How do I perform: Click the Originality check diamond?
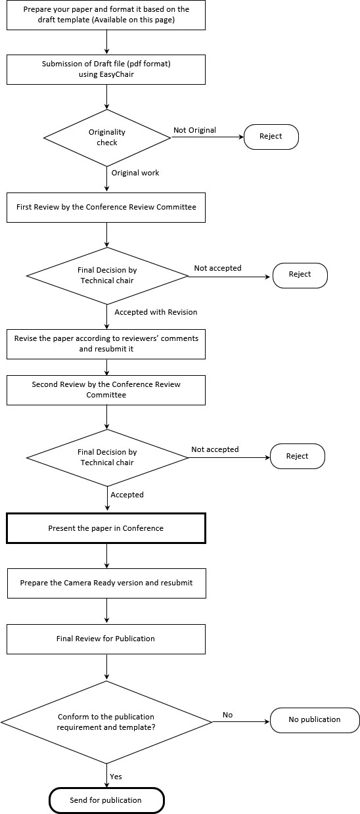click(107, 138)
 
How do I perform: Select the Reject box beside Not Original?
click(271, 137)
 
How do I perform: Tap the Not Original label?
click(194, 130)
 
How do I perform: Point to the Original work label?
click(135, 173)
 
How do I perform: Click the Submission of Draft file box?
click(106, 70)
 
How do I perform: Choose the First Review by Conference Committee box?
click(106, 208)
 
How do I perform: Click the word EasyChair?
click(117, 74)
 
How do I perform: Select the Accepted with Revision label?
click(156, 312)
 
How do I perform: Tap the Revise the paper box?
click(106, 344)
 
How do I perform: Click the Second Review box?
click(106, 390)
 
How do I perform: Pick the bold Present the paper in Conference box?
click(106, 528)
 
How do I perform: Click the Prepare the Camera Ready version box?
click(106, 583)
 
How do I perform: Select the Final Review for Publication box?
click(106, 639)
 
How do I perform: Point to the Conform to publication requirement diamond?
click(106, 722)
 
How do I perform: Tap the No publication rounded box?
click(315, 720)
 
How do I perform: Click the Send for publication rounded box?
click(106, 800)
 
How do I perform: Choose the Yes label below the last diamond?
click(116, 777)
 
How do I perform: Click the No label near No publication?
click(228, 715)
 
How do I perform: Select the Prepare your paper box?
click(106, 15)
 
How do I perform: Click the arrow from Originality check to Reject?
click(207, 137)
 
